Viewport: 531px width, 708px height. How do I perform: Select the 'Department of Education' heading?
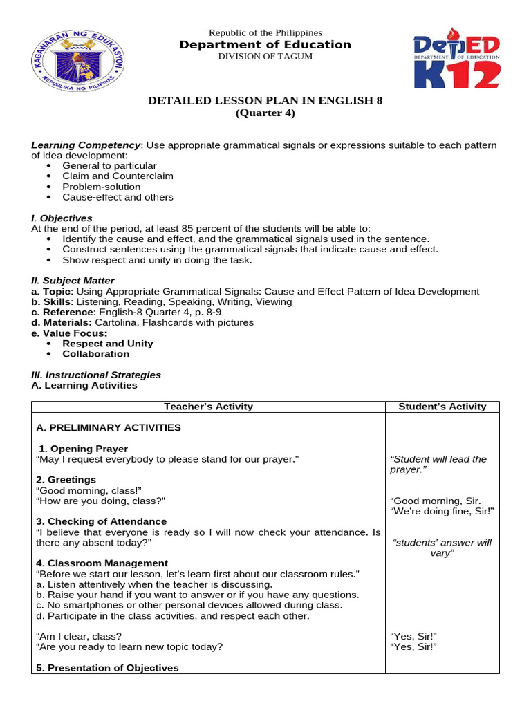point(265,45)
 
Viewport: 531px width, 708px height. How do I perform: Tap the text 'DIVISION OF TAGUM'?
point(265,57)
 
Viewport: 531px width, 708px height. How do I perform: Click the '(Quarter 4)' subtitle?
point(265,113)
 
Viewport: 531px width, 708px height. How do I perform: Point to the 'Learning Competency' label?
point(86,145)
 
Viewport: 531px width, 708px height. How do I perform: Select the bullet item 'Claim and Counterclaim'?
point(118,176)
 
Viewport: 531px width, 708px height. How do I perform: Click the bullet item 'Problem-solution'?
point(101,187)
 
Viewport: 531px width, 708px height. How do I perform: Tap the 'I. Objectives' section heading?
point(62,218)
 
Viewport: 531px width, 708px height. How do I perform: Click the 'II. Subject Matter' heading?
point(73,281)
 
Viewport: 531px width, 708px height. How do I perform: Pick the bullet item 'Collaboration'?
point(95,354)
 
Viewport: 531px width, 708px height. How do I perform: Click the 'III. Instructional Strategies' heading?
point(96,375)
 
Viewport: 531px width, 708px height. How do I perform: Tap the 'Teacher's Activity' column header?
point(208,407)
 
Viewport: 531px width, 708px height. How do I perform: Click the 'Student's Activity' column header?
point(442,407)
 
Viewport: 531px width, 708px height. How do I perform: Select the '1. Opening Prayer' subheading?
point(84,449)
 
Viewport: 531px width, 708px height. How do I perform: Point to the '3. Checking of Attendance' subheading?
point(101,521)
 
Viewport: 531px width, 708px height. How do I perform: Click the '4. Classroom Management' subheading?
point(102,563)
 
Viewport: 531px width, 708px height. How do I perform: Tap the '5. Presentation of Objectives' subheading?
point(107,668)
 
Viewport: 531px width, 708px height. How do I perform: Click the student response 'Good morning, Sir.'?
point(435,501)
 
